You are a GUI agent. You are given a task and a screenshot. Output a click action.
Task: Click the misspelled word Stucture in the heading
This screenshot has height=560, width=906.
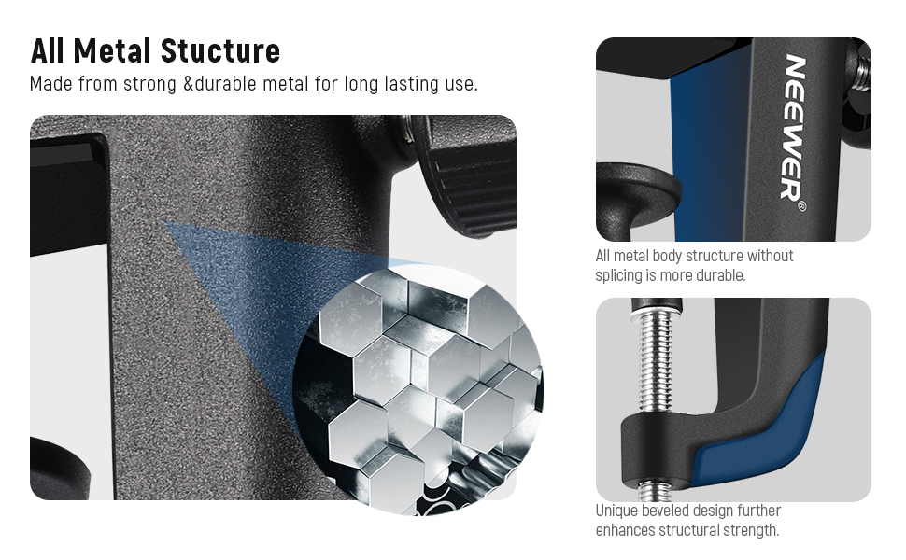click(220, 50)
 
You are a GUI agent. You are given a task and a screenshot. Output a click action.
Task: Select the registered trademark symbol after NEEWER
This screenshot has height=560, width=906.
click(800, 206)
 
